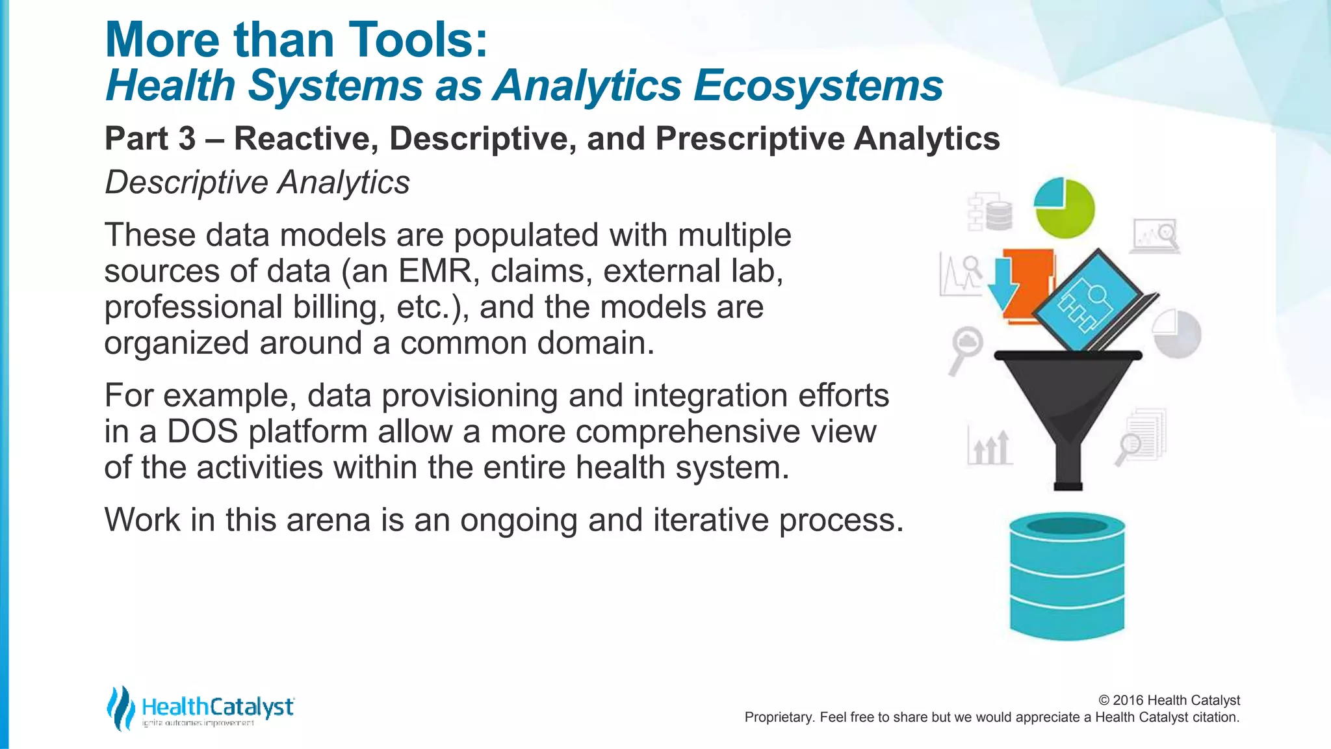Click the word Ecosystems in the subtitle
click(x=818, y=86)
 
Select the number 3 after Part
click(x=187, y=138)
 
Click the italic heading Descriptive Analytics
click(x=257, y=183)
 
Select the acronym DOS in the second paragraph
click(x=203, y=432)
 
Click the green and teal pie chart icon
click(x=1065, y=208)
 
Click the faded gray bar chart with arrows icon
click(x=990, y=447)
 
